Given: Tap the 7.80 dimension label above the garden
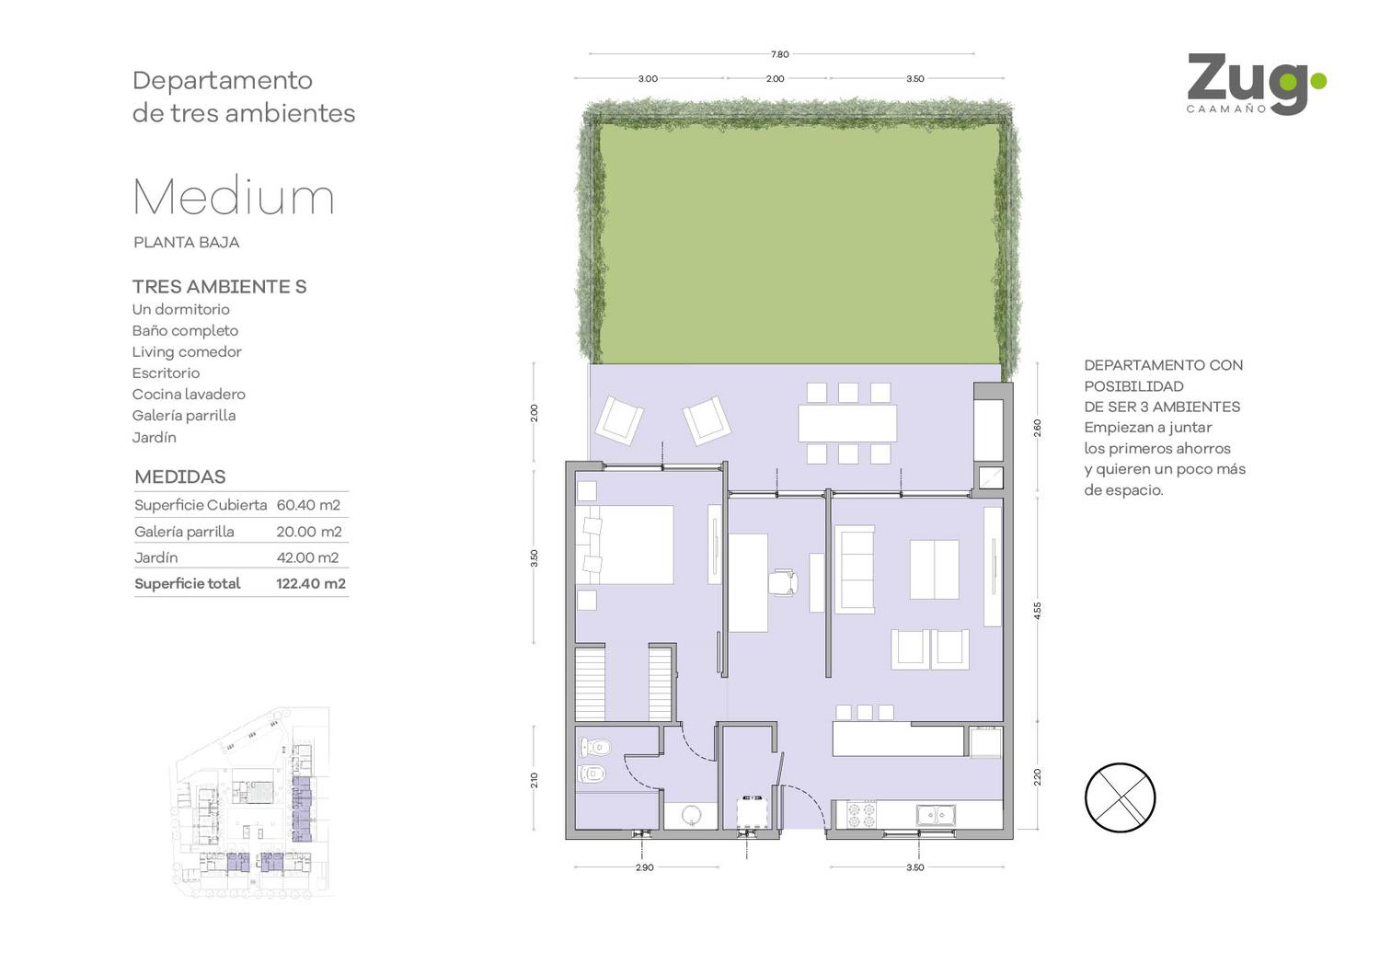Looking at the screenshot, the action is click(780, 54).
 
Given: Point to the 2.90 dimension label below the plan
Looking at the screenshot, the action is click(644, 867).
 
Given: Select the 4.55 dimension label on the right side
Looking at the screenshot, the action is click(1038, 611).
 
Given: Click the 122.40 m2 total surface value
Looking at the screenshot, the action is click(311, 583).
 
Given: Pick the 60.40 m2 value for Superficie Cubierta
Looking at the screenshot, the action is click(308, 505).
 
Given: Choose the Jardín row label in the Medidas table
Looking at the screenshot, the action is click(155, 557).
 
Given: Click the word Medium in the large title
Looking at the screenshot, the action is click(234, 197).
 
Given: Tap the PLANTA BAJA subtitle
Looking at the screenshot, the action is click(186, 243).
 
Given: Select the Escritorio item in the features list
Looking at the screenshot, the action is click(166, 373).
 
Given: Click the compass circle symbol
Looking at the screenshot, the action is click(1120, 797).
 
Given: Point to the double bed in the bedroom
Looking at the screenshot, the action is click(625, 545).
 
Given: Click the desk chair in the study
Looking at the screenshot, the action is click(784, 582).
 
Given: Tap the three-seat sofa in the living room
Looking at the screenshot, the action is click(855, 569).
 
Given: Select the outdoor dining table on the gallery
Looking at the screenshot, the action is click(847, 422).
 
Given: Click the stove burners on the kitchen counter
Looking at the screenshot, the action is click(861, 814).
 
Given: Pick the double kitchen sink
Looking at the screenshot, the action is click(936, 815).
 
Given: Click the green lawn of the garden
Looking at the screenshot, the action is click(799, 244).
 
